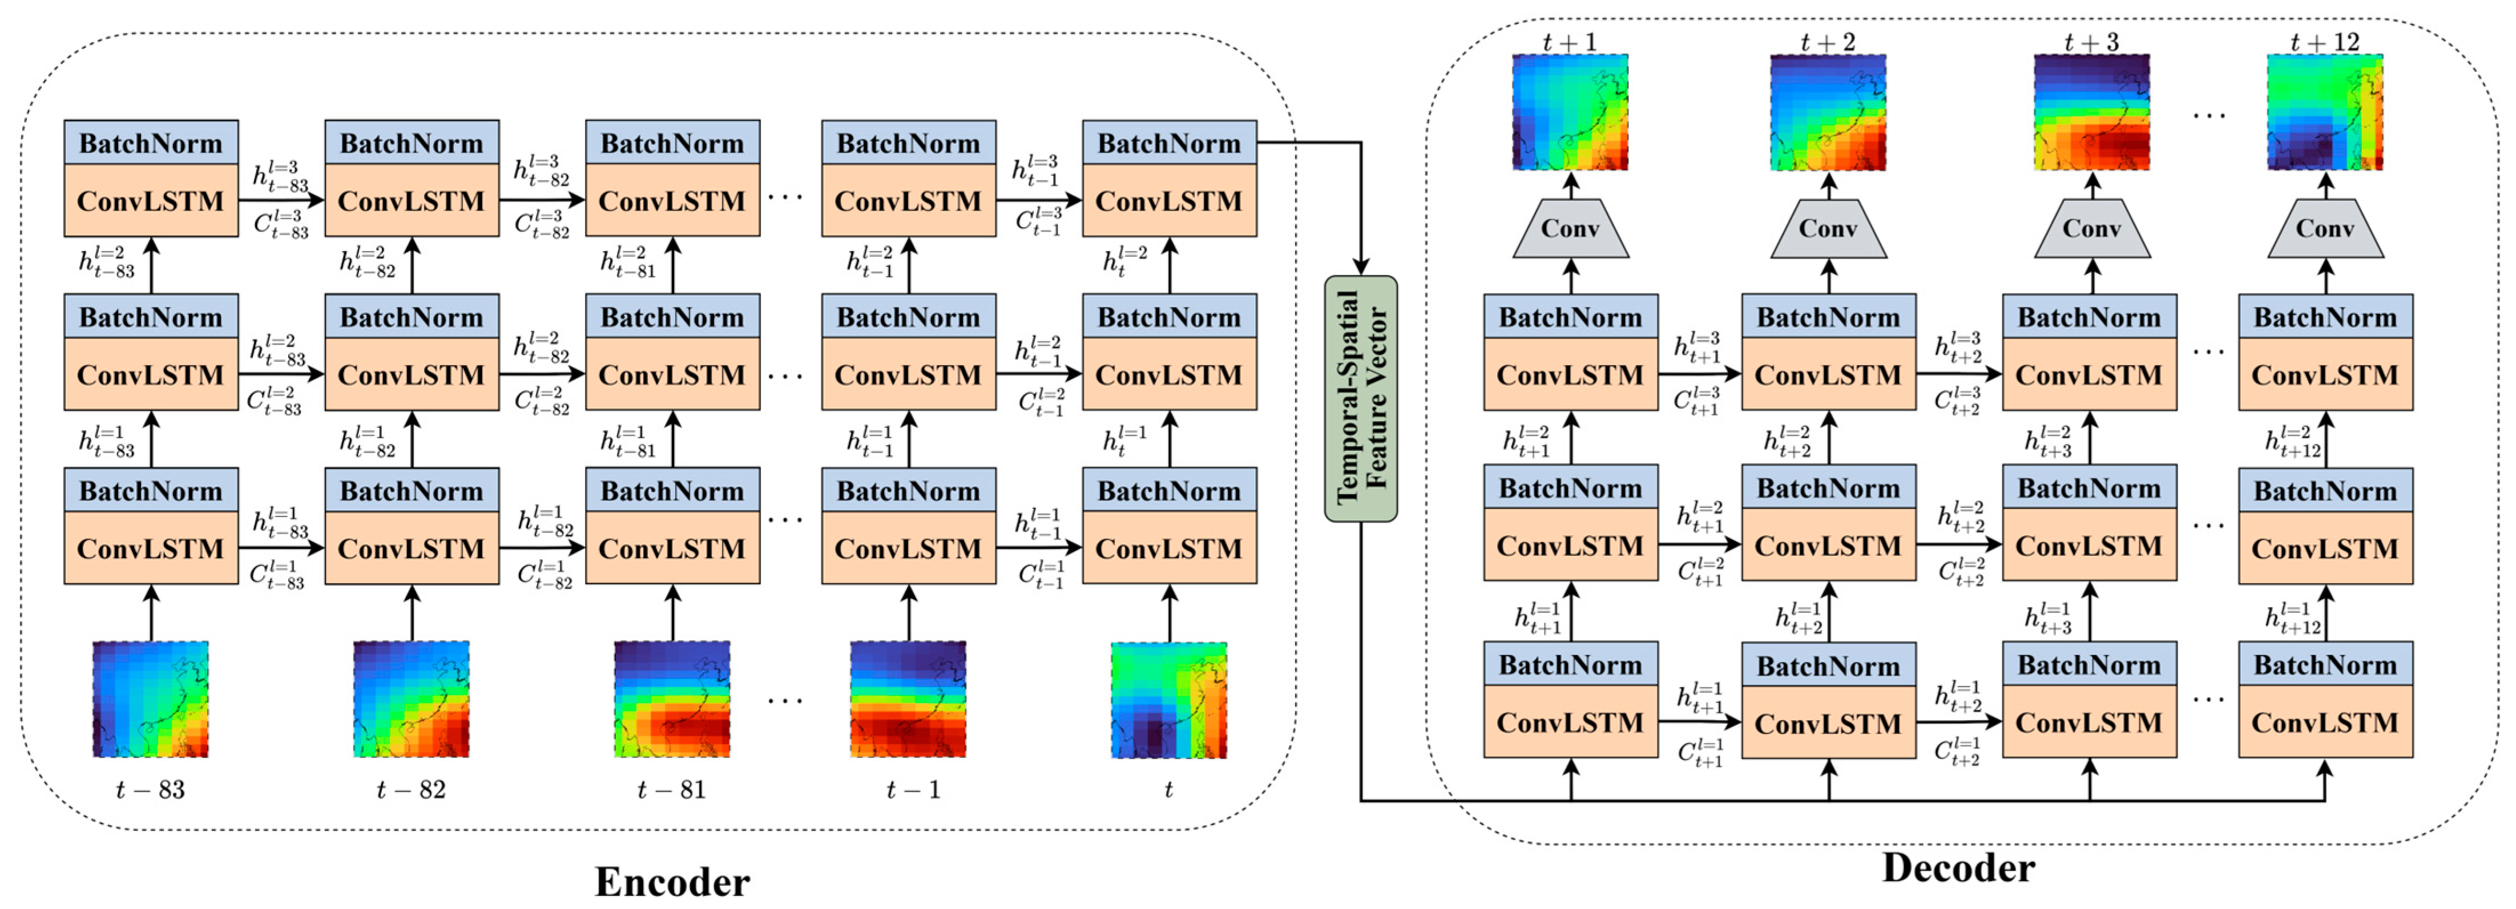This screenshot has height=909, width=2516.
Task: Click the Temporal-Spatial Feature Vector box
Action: pos(1361,398)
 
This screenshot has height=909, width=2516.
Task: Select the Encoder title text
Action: pos(672,882)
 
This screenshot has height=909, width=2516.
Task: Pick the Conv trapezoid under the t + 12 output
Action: pos(2325,229)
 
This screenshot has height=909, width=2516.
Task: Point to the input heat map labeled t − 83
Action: pos(151,699)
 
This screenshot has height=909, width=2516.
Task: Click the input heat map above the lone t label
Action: pos(1168,699)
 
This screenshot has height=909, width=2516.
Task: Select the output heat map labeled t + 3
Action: pos(2091,112)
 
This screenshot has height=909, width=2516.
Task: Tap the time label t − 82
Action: pos(411,789)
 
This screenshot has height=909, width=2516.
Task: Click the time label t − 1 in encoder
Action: pos(913,789)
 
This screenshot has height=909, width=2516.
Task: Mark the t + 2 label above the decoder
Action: pos(1828,42)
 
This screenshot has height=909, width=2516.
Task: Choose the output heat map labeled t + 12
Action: pos(2325,112)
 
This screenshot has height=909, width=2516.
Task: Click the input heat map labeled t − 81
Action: pos(672,699)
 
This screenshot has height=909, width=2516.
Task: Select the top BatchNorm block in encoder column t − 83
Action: pos(151,143)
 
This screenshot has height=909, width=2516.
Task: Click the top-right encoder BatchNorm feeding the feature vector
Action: pos(1169,143)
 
